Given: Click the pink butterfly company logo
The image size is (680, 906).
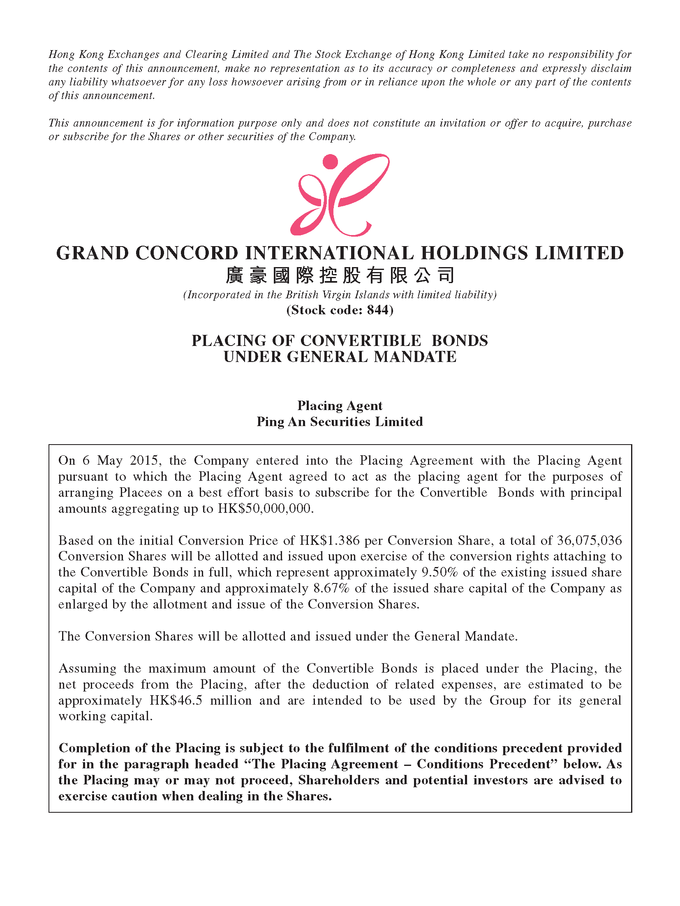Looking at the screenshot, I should coord(340,195).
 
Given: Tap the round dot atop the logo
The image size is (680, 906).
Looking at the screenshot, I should coord(330,161).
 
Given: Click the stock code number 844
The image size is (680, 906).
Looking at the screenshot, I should coord(377,310).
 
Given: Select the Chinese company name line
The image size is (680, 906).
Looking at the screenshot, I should coord(340,275).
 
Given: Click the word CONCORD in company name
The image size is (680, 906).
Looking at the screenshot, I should coord(187,253).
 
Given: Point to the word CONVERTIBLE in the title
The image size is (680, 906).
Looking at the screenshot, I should coord(361,341).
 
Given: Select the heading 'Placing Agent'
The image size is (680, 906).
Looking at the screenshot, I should coord(340,406).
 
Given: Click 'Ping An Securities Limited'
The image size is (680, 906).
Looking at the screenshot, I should coord(340,422).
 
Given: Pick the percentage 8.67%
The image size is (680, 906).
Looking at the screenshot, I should coord(331,588).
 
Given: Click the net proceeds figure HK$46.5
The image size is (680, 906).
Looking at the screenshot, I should coord(176,700).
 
